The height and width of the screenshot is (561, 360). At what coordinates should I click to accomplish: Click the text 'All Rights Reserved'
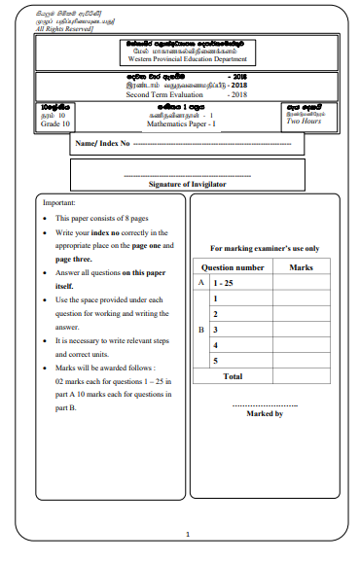[x=40, y=29]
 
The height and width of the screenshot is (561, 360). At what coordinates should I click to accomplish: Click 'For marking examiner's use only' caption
[x=265, y=248]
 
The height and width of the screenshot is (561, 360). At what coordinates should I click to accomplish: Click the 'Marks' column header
[x=300, y=265]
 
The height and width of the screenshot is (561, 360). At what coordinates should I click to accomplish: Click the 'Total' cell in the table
[x=233, y=375]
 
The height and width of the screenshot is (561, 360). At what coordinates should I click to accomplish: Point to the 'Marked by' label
[x=265, y=413]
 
